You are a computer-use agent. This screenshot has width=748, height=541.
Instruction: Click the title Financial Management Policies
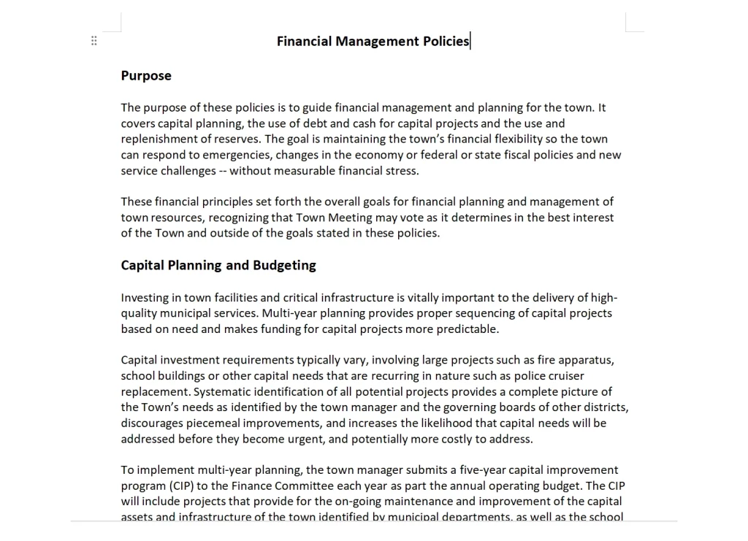pos(373,41)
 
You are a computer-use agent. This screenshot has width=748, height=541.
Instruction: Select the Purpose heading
pos(146,76)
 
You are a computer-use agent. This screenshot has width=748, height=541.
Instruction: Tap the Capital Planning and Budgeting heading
pos(218,265)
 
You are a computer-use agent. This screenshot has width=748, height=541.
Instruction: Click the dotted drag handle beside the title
pos(93,41)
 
